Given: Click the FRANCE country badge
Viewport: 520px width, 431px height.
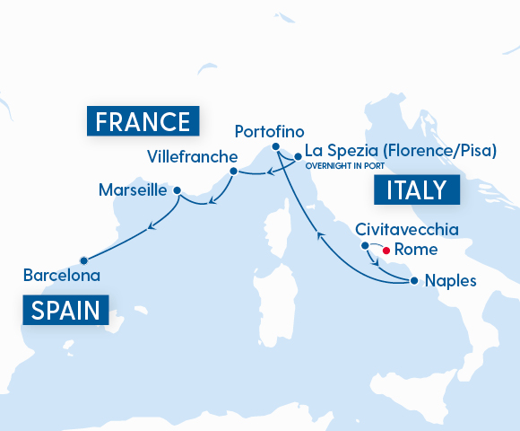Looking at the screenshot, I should tap(143, 121).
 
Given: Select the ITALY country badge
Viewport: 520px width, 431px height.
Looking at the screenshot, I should tap(416, 190).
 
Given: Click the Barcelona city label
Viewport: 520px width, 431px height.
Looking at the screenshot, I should tap(62, 275).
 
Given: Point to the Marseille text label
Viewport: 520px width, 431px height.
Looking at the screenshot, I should tap(133, 190).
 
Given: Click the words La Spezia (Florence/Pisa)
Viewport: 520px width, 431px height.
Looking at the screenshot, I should tap(400, 150).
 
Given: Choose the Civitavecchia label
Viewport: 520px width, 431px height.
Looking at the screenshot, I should tap(407, 230).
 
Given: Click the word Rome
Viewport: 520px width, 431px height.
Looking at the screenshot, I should tap(415, 251).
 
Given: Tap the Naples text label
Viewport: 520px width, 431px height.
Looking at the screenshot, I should tap(451, 280).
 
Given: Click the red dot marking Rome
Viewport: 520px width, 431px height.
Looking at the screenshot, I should tap(386, 251).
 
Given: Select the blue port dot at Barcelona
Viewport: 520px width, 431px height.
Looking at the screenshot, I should tap(82, 256).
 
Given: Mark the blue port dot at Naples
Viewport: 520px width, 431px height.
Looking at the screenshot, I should tap(413, 280).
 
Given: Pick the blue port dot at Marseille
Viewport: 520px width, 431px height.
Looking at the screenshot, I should tap(177, 190).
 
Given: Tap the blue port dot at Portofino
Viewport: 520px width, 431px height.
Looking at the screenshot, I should tap(276, 146).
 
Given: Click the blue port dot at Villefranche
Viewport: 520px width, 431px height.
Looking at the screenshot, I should tap(233, 171).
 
